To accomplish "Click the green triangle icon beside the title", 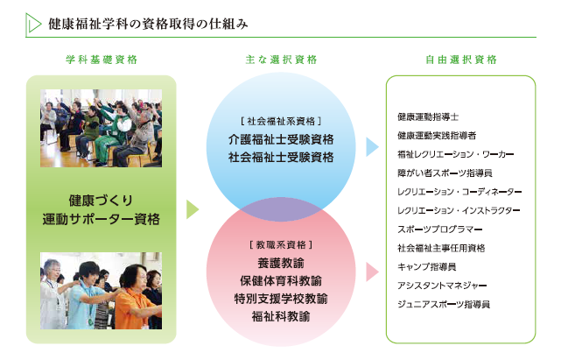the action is pos(33,24).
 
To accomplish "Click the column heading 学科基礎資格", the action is pos(102,60).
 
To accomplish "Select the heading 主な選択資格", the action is pos(281,60).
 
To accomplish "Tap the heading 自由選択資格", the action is pos(461,60).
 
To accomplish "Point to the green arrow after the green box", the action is pos(193,209).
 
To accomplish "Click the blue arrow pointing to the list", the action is pos(372,147).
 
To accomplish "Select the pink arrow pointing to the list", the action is pos(372,272).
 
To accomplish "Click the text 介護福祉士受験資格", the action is pos(281,139).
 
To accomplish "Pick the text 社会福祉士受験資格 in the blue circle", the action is pos(281,158).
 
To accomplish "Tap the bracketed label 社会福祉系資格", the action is pos(281,121).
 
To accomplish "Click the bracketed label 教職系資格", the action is pos(281,244).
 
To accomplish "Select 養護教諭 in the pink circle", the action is pos(281,263).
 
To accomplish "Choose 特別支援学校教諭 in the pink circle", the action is pos(281,299).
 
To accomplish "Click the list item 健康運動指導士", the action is pos(428,117).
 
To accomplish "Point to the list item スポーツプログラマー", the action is pos(440,229).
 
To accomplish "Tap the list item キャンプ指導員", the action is pos(427,267).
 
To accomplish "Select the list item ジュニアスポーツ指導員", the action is pos(444,304).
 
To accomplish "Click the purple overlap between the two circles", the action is pos(281,209).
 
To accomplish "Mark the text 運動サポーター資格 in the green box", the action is pos(102,219).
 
